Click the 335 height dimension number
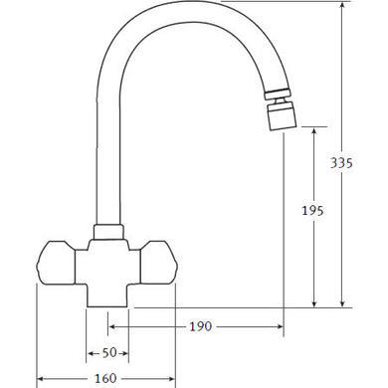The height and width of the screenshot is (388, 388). pyautogui.click(x=341, y=162)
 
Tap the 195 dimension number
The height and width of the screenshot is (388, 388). pyautogui.click(x=312, y=210)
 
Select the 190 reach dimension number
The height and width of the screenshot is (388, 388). pyautogui.click(x=201, y=326)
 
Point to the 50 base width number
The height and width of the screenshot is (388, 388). pyautogui.click(x=109, y=353)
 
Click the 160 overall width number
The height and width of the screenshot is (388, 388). pyautogui.click(x=105, y=378)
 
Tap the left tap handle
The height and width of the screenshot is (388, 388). pyautogui.click(x=56, y=263)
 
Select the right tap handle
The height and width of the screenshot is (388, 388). pyautogui.click(x=159, y=263)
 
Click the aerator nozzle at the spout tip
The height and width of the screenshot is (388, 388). pyautogui.click(x=282, y=115)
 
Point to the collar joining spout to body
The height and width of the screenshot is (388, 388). pyautogui.click(x=108, y=232)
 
